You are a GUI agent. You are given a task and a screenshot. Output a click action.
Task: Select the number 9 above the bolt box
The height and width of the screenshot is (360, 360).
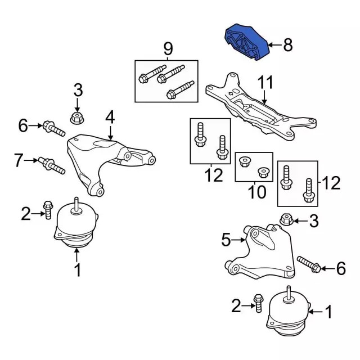[168, 49]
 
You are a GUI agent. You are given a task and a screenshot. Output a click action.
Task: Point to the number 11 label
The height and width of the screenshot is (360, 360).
[264, 83]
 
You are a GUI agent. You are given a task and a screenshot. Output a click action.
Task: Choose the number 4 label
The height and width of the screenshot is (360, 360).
[110, 117]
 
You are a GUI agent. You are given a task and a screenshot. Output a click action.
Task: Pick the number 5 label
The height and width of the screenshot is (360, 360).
[226, 241]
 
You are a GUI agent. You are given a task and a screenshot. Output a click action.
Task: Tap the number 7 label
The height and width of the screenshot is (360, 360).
[19, 161]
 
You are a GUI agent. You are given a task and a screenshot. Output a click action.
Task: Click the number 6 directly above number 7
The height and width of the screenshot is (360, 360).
[22, 126]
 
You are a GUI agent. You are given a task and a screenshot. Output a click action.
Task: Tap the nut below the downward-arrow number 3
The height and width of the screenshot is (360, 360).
[77, 118]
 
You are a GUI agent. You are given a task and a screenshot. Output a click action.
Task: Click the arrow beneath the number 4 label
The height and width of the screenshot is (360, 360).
[110, 132]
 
